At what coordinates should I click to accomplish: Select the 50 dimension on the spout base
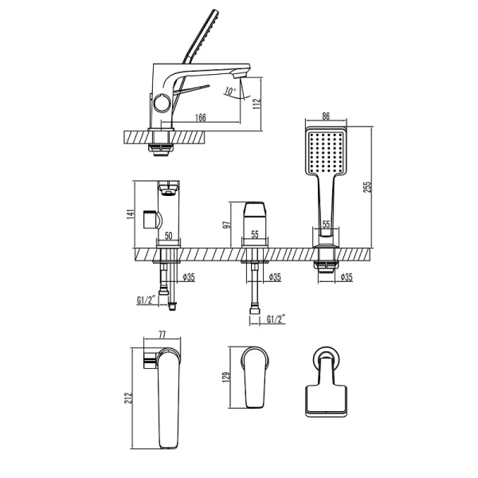pyautogui.click(x=169, y=237)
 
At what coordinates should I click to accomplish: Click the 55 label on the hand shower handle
pyautogui.click(x=326, y=226)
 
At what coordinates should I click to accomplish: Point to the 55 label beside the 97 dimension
pyautogui.click(x=254, y=237)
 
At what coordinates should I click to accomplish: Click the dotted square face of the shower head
pyautogui.click(x=325, y=151)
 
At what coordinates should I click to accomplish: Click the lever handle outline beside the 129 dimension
pyautogui.click(x=254, y=377)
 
